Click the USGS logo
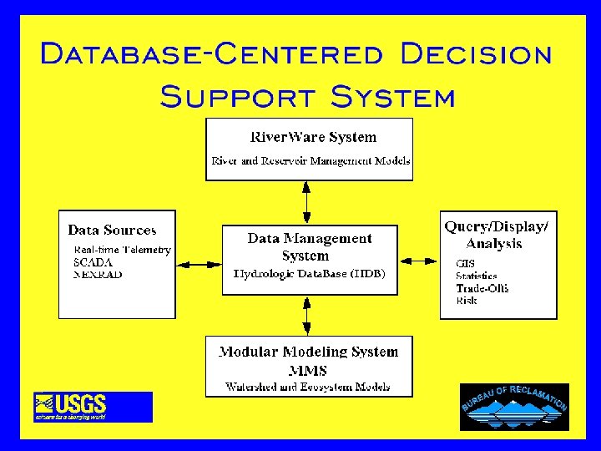(x=93, y=407)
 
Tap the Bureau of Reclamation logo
(x=514, y=407)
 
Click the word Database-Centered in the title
(x=212, y=54)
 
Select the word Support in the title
(x=236, y=96)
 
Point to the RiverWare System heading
(x=313, y=137)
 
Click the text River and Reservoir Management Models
(x=311, y=160)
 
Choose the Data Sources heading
(x=112, y=230)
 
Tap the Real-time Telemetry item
(x=122, y=250)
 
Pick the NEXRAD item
(x=98, y=273)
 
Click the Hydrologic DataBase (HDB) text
(x=309, y=273)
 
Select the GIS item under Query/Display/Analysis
(x=465, y=264)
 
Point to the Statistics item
(x=476, y=276)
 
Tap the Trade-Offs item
(x=482, y=288)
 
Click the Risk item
(x=467, y=300)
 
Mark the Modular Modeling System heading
(x=308, y=352)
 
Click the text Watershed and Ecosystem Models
(x=307, y=387)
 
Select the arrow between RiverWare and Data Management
(x=307, y=202)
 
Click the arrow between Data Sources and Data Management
(x=199, y=265)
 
